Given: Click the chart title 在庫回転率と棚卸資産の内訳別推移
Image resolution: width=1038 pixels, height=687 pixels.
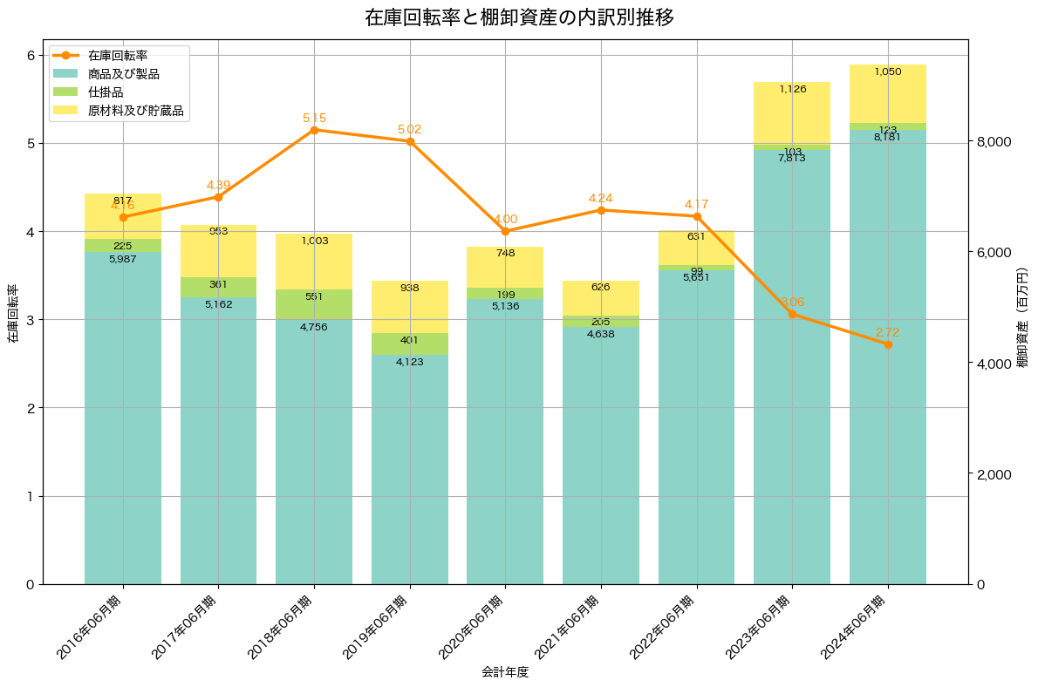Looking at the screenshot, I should [x=519, y=17].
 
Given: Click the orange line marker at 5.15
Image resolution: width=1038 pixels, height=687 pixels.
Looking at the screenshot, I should [x=314, y=130].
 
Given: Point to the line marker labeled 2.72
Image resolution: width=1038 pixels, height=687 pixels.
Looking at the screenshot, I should [x=888, y=344].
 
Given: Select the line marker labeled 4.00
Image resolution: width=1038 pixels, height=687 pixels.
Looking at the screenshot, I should [x=505, y=231].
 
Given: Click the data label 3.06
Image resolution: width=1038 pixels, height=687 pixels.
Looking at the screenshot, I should [x=792, y=302].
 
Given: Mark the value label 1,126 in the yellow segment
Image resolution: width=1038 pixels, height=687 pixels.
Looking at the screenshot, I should [x=792, y=89].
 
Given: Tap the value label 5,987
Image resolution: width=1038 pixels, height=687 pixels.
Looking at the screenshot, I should [x=123, y=259].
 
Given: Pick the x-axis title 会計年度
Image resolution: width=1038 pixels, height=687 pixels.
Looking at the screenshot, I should [x=505, y=672].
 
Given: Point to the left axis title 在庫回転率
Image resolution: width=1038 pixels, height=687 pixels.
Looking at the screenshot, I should [x=11, y=314].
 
